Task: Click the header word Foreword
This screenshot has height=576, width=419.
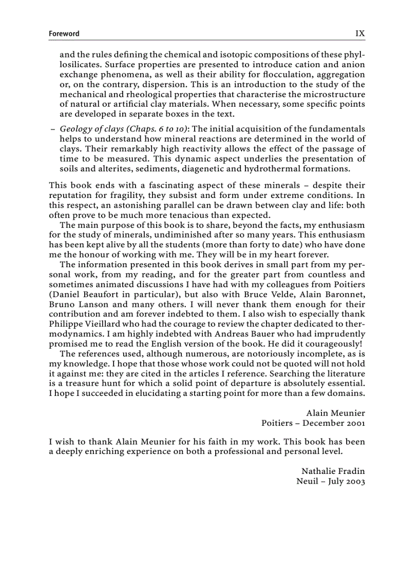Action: coord(64,34)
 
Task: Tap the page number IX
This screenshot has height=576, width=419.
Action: coord(360,33)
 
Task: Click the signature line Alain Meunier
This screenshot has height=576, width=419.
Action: coord(335,413)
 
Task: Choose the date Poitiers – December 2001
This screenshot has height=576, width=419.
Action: coord(313,423)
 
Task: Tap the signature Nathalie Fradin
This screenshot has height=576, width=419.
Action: coord(333,471)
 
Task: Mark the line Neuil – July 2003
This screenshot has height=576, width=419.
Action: coord(331,482)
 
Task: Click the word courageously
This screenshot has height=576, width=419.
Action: coord(334,344)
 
